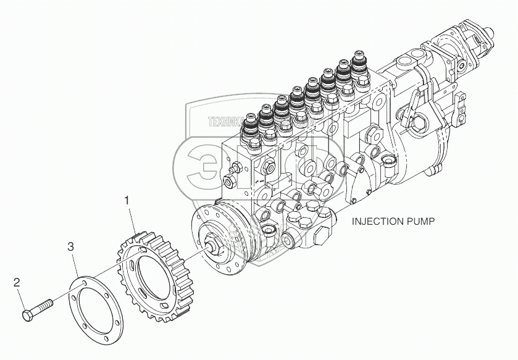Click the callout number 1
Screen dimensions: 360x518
pyautogui.click(x=127, y=201)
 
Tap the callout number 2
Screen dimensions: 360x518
pyautogui.click(x=17, y=283)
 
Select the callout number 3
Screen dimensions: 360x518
pyautogui.click(x=71, y=247)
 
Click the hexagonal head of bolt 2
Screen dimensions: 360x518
pyautogui.click(x=28, y=315)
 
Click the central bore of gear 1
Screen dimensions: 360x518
pyautogui.click(x=154, y=275)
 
